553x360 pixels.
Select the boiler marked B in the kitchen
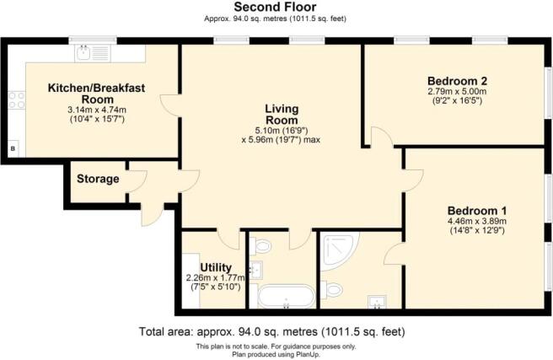(x=12, y=149)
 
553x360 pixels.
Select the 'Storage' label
(x=98, y=180)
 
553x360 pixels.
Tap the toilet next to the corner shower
(x=334, y=290)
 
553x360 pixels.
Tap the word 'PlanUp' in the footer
(x=313, y=353)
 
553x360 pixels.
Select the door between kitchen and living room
(x=173, y=107)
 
